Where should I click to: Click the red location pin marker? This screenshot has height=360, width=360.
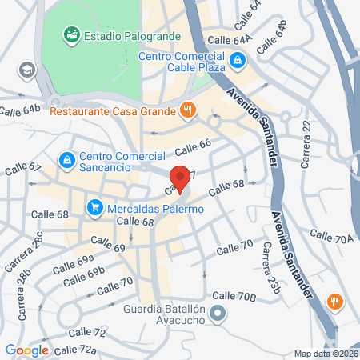click(181, 179)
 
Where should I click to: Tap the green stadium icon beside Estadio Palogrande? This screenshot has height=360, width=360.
click(72, 34)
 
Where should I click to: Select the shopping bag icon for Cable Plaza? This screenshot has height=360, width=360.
click(238, 60)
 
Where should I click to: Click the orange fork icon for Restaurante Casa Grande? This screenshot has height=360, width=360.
click(187, 110)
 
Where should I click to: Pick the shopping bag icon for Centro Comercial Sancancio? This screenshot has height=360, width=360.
click(67, 161)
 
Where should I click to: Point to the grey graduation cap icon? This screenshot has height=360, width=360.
click(28, 70)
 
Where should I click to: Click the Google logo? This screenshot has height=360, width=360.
click(26, 350)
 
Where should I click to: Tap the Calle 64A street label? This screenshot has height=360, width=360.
click(230, 38)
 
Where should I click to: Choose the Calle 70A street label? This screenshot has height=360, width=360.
click(331, 238)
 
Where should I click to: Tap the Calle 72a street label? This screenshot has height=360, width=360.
click(76, 350)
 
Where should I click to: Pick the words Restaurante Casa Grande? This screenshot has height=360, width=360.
click(113, 111)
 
